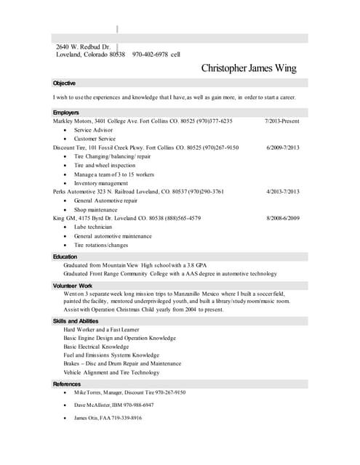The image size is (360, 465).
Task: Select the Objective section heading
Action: tap(65, 84)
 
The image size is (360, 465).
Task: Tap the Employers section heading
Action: tap(66, 112)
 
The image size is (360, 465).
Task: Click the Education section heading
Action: tap(65, 256)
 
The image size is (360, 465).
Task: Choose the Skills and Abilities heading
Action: tap(75, 320)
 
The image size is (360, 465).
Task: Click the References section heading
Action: tap(67, 384)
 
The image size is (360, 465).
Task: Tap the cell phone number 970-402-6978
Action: tap(151, 54)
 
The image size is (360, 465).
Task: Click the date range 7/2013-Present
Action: tap(282, 121)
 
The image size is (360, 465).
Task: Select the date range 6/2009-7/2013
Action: tap(283, 147)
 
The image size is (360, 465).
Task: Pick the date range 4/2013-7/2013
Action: tap(283, 192)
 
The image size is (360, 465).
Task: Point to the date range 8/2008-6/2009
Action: tap(283, 218)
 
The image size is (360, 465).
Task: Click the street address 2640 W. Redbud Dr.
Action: tap(83, 46)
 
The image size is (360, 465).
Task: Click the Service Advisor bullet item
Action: tap(95, 129)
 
